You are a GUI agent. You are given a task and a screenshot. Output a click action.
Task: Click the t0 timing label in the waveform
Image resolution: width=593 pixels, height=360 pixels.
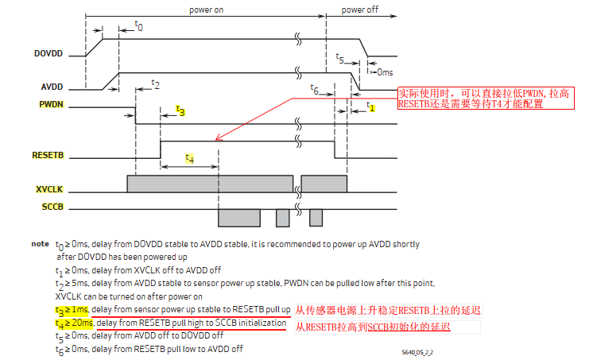[x=138, y=26]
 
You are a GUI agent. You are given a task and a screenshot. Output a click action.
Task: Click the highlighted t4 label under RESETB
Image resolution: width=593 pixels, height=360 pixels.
[x=189, y=158]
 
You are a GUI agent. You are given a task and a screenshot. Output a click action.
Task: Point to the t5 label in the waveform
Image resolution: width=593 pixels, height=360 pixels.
[x=340, y=59]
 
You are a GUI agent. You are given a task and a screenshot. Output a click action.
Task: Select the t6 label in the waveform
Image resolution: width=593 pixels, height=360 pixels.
[x=315, y=90]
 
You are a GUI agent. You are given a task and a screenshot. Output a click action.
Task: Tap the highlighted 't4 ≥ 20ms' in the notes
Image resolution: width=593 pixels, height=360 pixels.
[x=74, y=323]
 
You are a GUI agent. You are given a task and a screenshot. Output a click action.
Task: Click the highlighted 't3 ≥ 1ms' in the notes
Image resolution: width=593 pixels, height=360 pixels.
[x=72, y=308]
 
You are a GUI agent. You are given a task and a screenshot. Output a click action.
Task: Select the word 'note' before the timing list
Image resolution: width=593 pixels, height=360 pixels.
[x=40, y=244]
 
